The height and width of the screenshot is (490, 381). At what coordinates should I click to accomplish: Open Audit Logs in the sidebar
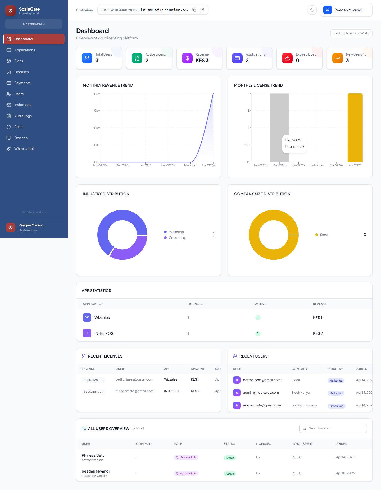point(23,116)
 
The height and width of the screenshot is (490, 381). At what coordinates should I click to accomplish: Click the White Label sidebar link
point(24,149)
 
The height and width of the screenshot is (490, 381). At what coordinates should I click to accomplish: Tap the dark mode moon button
point(312,10)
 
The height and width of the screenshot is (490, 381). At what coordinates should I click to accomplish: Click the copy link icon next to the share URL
point(194,10)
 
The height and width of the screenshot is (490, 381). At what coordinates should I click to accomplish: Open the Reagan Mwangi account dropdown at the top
point(346,10)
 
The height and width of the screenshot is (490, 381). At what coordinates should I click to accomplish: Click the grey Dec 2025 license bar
point(279,119)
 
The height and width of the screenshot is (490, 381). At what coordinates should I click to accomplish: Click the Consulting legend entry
point(177,238)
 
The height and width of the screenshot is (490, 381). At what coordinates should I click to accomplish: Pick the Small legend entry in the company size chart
point(324,235)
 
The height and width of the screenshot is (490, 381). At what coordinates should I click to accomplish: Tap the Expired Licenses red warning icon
point(287,58)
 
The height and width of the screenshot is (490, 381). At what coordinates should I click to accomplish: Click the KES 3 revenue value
point(202,61)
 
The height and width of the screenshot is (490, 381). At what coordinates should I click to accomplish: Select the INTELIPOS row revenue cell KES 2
point(318,333)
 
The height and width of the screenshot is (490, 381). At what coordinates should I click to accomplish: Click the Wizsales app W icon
point(87,317)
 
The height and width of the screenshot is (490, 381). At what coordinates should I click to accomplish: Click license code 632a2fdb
point(93,380)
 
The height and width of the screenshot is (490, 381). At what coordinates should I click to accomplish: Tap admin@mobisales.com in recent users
point(261,393)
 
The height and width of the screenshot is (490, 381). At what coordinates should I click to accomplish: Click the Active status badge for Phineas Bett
point(230,458)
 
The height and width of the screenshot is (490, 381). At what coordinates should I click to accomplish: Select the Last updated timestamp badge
point(351,33)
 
